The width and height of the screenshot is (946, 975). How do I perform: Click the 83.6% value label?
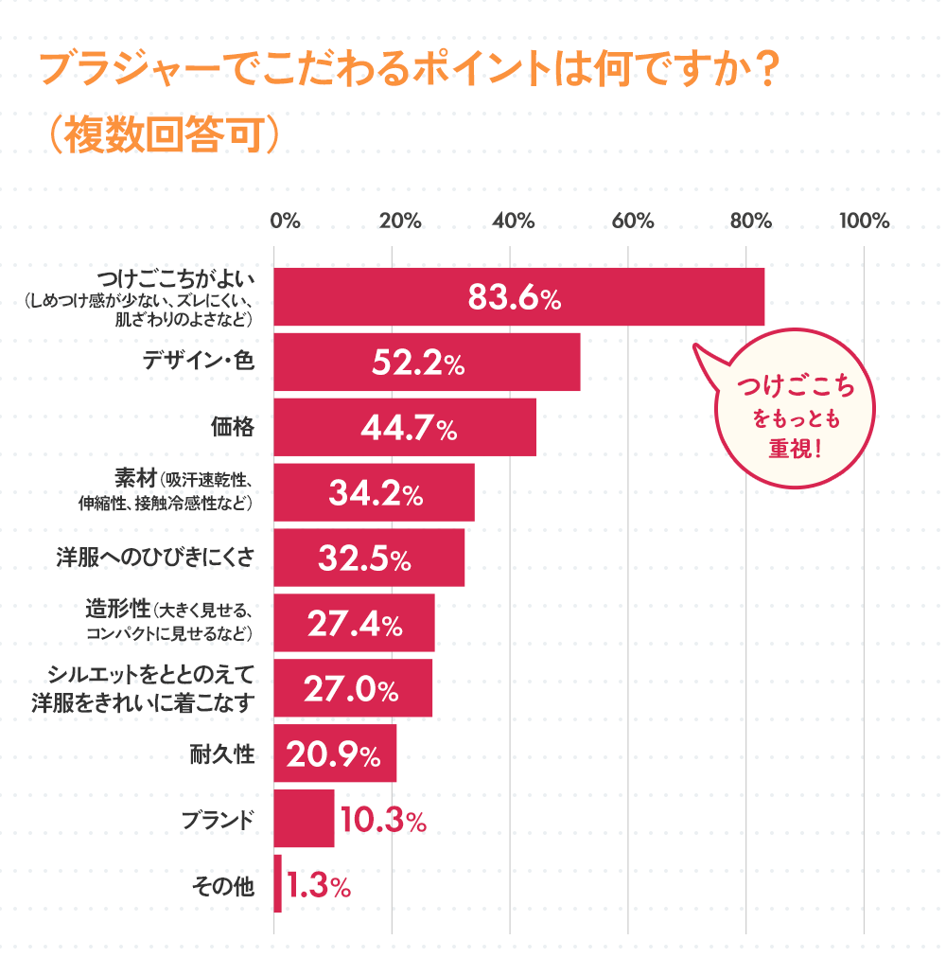click(515, 297)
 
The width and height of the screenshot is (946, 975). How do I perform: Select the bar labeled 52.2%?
click(427, 362)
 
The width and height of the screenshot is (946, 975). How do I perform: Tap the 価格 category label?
click(232, 427)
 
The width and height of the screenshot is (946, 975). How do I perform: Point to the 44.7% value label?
click(409, 428)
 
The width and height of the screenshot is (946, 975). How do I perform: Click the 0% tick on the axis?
click(285, 222)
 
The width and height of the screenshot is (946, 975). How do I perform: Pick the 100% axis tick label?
click(864, 222)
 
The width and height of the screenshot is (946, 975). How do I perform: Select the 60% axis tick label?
click(633, 222)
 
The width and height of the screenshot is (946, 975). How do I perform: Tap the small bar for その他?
click(277, 884)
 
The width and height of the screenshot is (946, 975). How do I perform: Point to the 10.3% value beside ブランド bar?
click(383, 820)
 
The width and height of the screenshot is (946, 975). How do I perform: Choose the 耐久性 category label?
click(222, 754)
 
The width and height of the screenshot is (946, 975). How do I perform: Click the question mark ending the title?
click(766, 72)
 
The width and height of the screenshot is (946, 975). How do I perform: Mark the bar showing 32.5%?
click(369, 558)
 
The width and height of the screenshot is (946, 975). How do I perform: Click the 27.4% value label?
click(355, 624)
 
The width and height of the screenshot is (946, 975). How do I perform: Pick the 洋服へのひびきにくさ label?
click(155, 558)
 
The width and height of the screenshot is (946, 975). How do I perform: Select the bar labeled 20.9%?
click(335, 754)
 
